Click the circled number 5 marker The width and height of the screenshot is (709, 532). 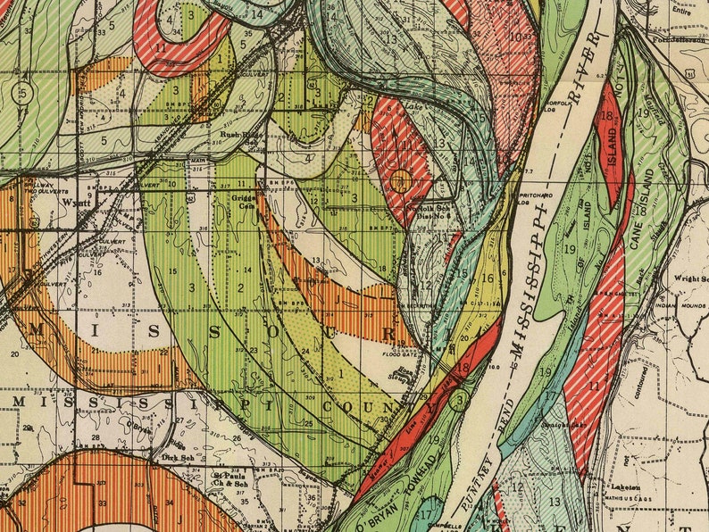click(x=24, y=92)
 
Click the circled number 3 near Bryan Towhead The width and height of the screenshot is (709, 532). click(x=458, y=399)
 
